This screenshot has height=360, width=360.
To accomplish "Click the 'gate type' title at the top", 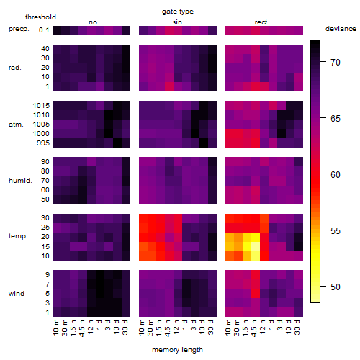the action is click(178, 12).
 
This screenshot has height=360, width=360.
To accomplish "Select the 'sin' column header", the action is click(177, 22).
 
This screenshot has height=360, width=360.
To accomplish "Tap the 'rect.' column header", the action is click(262, 22).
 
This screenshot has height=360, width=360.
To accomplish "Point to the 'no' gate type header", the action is click(93, 22).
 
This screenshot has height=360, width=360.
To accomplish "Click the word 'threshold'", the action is click(40, 17).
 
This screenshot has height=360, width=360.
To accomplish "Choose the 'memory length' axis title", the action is click(178, 350).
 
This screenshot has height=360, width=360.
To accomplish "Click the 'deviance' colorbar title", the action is click(341, 29).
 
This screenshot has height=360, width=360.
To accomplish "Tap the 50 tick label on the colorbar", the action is click(336, 287).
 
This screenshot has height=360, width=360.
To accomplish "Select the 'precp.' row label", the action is click(19, 29).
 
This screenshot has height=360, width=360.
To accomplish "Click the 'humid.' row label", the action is click(20, 181).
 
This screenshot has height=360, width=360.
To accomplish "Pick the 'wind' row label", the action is click(17, 294).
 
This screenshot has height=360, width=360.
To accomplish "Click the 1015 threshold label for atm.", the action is click(41, 106).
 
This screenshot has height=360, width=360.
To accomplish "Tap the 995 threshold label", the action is click(43, 143).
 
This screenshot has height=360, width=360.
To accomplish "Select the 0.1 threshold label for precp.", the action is click(44, 30).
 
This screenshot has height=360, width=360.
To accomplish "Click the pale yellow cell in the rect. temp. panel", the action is click(256, 247).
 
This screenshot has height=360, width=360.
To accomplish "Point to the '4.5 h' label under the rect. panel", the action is click(253, 328).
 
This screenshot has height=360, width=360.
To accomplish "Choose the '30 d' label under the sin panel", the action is click(211, 327).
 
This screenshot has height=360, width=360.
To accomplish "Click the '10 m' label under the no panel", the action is click(55, 327).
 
